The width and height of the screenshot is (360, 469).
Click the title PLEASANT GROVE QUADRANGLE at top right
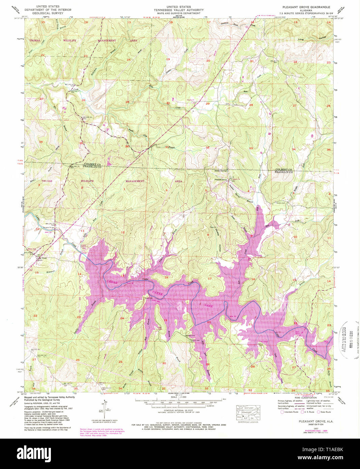306,7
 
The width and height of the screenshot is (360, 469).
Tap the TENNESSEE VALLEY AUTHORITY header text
179,10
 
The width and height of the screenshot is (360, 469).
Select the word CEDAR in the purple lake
112,282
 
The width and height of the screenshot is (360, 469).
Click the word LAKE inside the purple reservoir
209,305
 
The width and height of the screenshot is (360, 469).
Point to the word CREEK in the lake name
157,293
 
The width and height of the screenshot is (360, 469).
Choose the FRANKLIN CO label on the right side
283,172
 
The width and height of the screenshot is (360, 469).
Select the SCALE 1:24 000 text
179,397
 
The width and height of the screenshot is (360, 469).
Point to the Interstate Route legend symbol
282,412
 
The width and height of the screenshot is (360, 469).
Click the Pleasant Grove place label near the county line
221,180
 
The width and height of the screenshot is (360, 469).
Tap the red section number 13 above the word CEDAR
122,276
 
